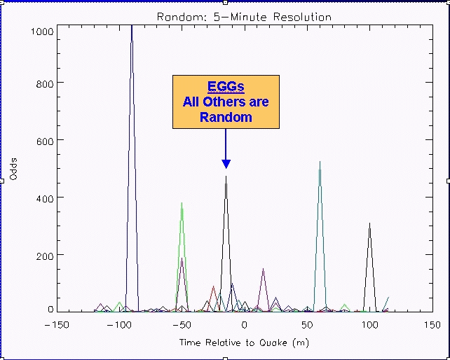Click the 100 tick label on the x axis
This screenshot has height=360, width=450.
369,325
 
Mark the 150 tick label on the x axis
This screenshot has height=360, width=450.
432,325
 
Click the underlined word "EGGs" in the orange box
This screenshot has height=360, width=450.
226,87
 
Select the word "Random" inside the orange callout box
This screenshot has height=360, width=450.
226,118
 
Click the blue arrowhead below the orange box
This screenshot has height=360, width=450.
226,164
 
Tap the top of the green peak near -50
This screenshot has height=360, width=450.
182,203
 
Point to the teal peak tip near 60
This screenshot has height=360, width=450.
320,162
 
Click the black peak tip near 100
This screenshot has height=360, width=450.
369,223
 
